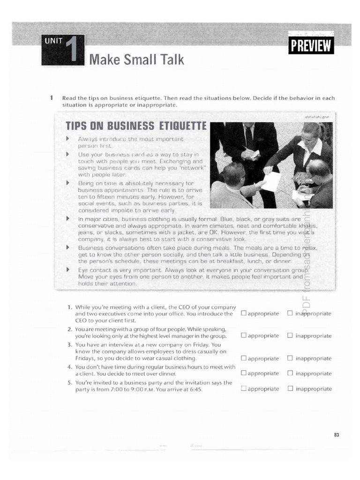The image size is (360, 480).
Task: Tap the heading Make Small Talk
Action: (136, 60)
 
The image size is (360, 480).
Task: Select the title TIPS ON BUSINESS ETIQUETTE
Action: (136, 126)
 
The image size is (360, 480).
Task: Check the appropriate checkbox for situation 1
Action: (243, 313)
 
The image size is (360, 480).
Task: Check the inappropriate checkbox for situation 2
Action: (290, 336)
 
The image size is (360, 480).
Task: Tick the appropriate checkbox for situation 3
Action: (243, 359)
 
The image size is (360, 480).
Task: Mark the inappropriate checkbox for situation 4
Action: (290, 374)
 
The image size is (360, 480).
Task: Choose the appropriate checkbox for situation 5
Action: (243, 389)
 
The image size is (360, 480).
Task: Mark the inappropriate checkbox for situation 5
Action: (290, 389)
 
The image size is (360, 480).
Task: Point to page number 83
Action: (337, 435)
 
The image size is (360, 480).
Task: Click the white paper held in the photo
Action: (271, 181)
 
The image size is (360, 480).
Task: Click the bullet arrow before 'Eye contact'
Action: (68, 270)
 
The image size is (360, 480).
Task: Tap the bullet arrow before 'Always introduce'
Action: (68, 139)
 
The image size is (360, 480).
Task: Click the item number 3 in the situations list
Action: (69, 344)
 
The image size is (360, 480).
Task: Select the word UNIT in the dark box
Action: (53, 40)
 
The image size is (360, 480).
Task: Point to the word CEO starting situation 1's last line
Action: (81, 321)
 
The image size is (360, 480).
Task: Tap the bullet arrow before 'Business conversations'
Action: (68, 247)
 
